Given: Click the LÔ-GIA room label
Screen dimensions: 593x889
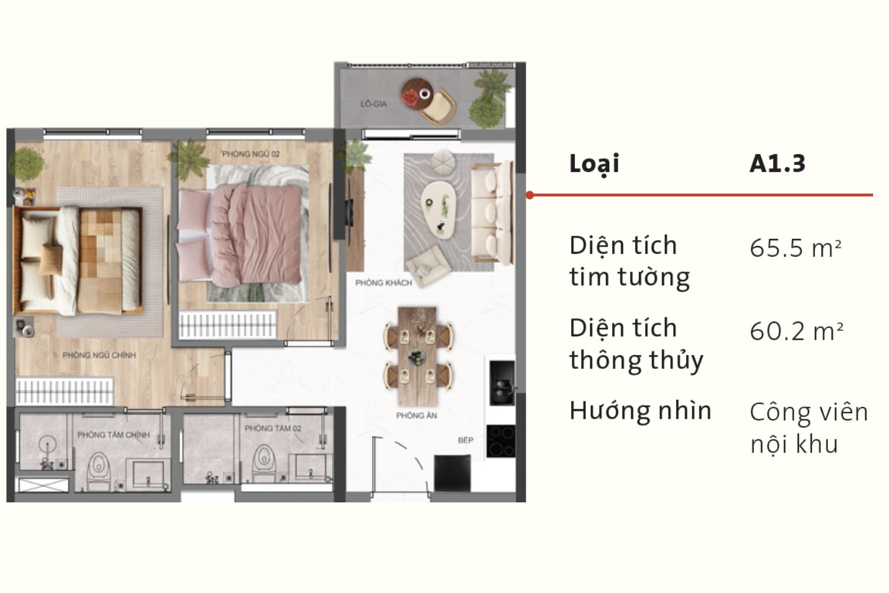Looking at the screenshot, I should tap(373, 104).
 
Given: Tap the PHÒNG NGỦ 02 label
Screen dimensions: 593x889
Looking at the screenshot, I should tap(251, 154).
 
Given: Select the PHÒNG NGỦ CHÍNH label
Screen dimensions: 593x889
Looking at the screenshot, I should tap(99, 355).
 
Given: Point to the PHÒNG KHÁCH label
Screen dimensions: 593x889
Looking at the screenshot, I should tap(383, 283).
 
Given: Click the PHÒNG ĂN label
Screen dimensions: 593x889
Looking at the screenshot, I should tap(416, 416).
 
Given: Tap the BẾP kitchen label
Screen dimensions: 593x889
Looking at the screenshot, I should tap(465, 440).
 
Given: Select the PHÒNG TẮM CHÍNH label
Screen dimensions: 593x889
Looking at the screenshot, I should tap(113, 435).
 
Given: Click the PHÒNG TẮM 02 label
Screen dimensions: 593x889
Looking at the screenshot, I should tap(273, 428).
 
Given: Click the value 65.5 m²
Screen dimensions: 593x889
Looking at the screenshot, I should tap(795, 248).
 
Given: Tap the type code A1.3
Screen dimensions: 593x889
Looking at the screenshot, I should tap(777, 164).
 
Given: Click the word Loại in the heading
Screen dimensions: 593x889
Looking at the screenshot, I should tap(594, 164).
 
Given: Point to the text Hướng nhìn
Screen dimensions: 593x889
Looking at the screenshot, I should tap(640, 410).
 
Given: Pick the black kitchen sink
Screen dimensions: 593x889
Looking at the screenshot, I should tap(501, 383).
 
